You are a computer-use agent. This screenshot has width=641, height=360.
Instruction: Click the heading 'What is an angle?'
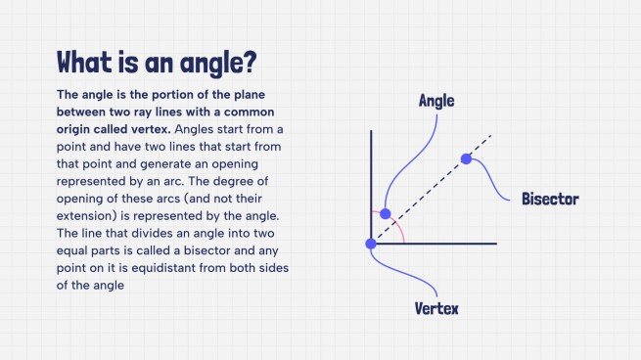click(x=157, y=62)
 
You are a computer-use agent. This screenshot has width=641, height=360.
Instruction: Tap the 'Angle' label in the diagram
click(x=436, y=100)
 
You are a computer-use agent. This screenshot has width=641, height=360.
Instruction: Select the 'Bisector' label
click(x=550, y=199)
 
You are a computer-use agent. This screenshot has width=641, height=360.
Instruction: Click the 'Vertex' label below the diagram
click(x=436, y=308)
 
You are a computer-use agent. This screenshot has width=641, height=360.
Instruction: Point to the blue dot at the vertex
click(x=371, y=243)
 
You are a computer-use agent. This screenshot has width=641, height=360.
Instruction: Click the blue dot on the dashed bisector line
click(x=466, y=157)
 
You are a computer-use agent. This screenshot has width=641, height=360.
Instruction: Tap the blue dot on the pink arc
click(x=385, y=213)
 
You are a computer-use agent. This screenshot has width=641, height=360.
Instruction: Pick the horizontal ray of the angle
click(x=450, y=243)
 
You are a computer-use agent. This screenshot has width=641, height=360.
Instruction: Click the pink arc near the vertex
click(x=400, y=231)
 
